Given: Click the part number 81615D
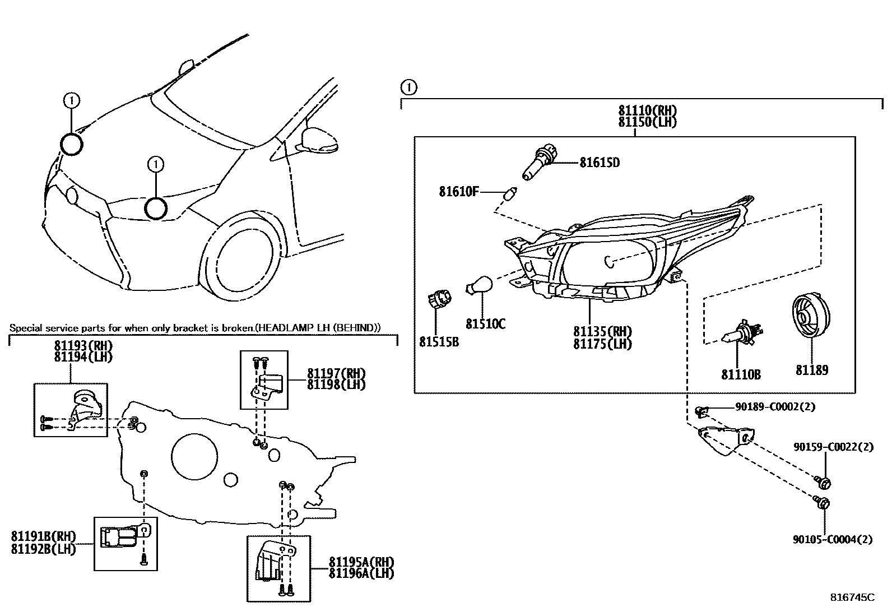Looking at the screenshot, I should [x=600, y=163].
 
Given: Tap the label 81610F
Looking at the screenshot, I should [x=459, y=192].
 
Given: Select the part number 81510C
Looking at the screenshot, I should [x=485, y=324].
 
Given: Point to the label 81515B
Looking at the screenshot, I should [x=439, y=341].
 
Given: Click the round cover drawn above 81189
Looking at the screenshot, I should [x=811, y=318].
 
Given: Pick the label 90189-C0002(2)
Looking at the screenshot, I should [x=775, y=407].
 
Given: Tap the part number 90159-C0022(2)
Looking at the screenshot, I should [x=833, y=447].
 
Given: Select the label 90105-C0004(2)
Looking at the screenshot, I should [x=833, y=540].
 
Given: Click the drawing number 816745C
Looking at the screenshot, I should [x=852, y=598].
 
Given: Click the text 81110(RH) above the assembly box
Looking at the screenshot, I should [x=647, y=111].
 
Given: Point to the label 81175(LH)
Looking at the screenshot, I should [x=602, y=344].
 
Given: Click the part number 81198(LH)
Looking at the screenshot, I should [x=336, y=385].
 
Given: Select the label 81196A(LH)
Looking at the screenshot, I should [x=361, y=573].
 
